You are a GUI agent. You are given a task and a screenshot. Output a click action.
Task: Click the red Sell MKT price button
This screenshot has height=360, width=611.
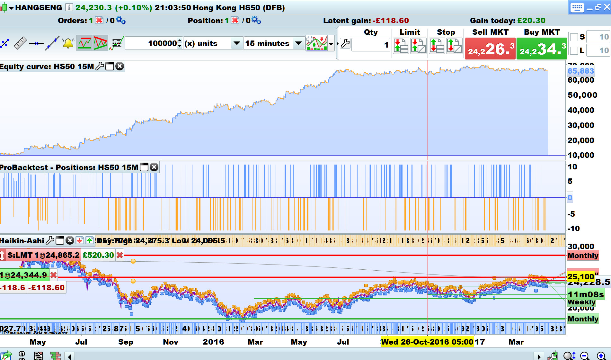coord(490,49)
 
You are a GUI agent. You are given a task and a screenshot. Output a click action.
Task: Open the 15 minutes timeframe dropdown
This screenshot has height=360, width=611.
coord(298,43)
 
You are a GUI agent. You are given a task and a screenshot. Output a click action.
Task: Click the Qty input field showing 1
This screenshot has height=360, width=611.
coord(371,45)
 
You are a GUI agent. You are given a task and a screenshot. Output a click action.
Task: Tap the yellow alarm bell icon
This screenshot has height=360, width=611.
coord(68,43)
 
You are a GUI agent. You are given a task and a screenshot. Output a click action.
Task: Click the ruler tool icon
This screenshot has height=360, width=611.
coord(20,43)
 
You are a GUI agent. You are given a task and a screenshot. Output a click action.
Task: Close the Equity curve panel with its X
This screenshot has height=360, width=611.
coord(120,67)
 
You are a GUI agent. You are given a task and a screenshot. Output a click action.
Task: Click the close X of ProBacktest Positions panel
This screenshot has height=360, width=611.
coord(154,167)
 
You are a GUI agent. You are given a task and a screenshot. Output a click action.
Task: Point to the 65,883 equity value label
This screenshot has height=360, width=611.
coord(580,71)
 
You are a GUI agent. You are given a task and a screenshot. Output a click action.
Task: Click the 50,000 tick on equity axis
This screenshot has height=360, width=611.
coord(582,95)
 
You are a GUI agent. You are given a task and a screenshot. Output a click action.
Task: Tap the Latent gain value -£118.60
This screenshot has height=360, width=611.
coord(391,21)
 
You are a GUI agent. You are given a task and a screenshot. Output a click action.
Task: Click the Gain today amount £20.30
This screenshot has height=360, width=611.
coord(531,21)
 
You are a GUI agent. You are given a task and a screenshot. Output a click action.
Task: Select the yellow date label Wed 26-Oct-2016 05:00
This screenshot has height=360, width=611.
coord(427,342)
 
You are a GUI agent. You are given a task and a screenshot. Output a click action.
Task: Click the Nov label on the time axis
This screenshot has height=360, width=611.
coord(171,342)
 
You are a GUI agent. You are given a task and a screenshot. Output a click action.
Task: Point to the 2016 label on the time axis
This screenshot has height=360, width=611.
coord(213,342)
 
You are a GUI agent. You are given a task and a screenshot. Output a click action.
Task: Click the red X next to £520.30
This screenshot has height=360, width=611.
coord(120,255)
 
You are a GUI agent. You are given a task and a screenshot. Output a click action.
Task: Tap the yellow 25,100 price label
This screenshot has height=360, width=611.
coord(580,277)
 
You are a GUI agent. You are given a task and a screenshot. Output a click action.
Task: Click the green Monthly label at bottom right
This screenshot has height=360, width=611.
coord(583,319)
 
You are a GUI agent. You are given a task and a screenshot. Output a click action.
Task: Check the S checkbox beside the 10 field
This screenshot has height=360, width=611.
coord(574,37)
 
